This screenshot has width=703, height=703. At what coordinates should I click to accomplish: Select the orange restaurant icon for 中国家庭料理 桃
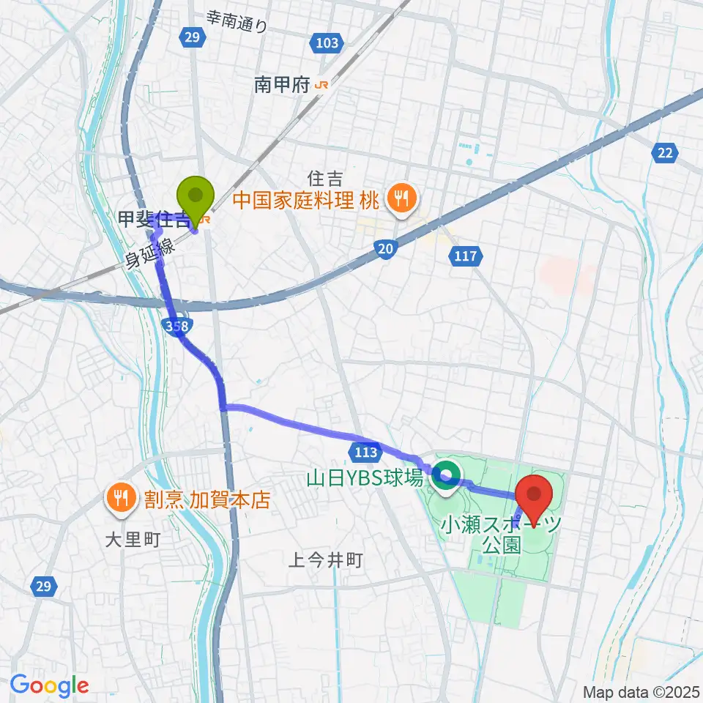click(x=401, y=197)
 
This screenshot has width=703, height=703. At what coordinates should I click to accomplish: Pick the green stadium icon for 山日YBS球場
click(x=445, y=477)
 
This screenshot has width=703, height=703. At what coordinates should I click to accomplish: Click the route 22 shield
click(x=664, y=152)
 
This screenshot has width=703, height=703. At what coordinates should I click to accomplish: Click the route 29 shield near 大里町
click(x=43, y=586)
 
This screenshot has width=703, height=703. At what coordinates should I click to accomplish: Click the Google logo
click(x=49, y=685)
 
